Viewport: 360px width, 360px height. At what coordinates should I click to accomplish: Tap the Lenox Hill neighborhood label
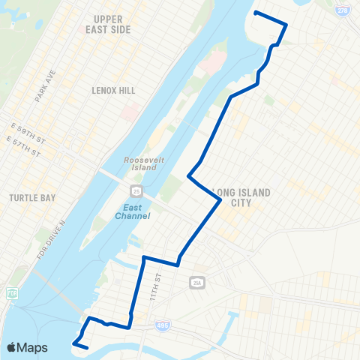(x=112, y=90)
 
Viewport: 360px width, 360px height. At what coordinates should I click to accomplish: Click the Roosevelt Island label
(x=139, y=163)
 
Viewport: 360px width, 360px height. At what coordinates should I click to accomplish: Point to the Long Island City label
(x=241, y=197)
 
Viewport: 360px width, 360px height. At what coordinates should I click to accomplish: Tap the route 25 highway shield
(x=143, y=193)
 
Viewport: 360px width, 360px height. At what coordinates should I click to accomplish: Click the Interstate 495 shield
(x=163, y=325)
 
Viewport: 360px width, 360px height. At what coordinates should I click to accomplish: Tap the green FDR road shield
(x=11, y=292)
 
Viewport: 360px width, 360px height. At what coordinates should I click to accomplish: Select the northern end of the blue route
(x=256, y=13)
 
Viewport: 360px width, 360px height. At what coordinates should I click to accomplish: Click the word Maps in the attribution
(x=34, y=348)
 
